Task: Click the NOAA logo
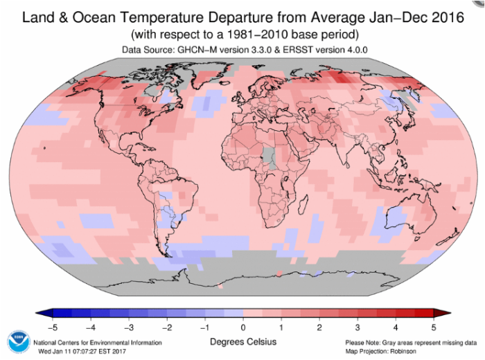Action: (x=19, y=342)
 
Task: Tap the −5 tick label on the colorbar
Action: (x=53, y=327)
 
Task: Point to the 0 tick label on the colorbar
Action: (x=243, y=327)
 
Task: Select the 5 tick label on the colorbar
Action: (x=434, y=327)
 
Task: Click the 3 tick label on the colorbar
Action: (x=358, y=327)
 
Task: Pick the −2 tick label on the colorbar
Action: (x=167, y=327)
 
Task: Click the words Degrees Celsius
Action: (x=243, y=342)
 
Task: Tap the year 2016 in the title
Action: (x=448, y=17)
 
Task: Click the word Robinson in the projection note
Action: (x=403, y=352)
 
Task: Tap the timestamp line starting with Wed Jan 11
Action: (x=82, y=352)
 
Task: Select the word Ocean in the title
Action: (x=94, y=17)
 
